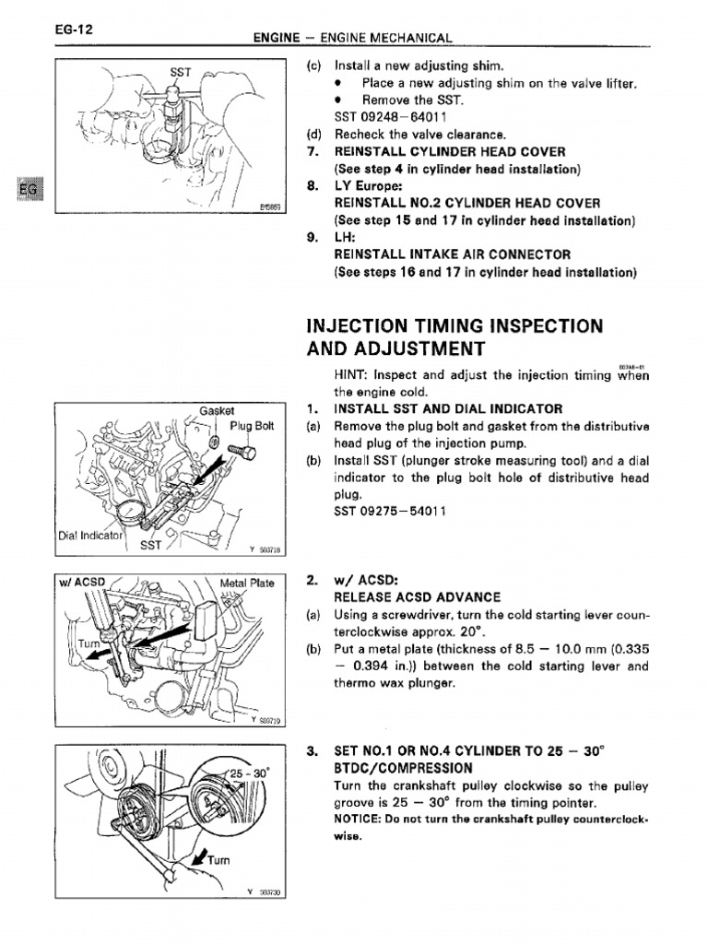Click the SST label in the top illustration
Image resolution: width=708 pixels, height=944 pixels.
point(180,72)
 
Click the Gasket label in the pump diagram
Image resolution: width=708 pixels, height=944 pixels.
point(218,410)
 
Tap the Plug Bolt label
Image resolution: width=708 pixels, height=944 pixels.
point(253,426)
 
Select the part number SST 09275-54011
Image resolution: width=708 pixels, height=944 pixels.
point(390,512)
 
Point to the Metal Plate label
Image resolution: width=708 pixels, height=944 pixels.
point(248,583)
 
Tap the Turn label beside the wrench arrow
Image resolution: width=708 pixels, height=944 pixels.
point(218,861)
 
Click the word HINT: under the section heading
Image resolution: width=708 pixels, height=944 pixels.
point(354,375)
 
